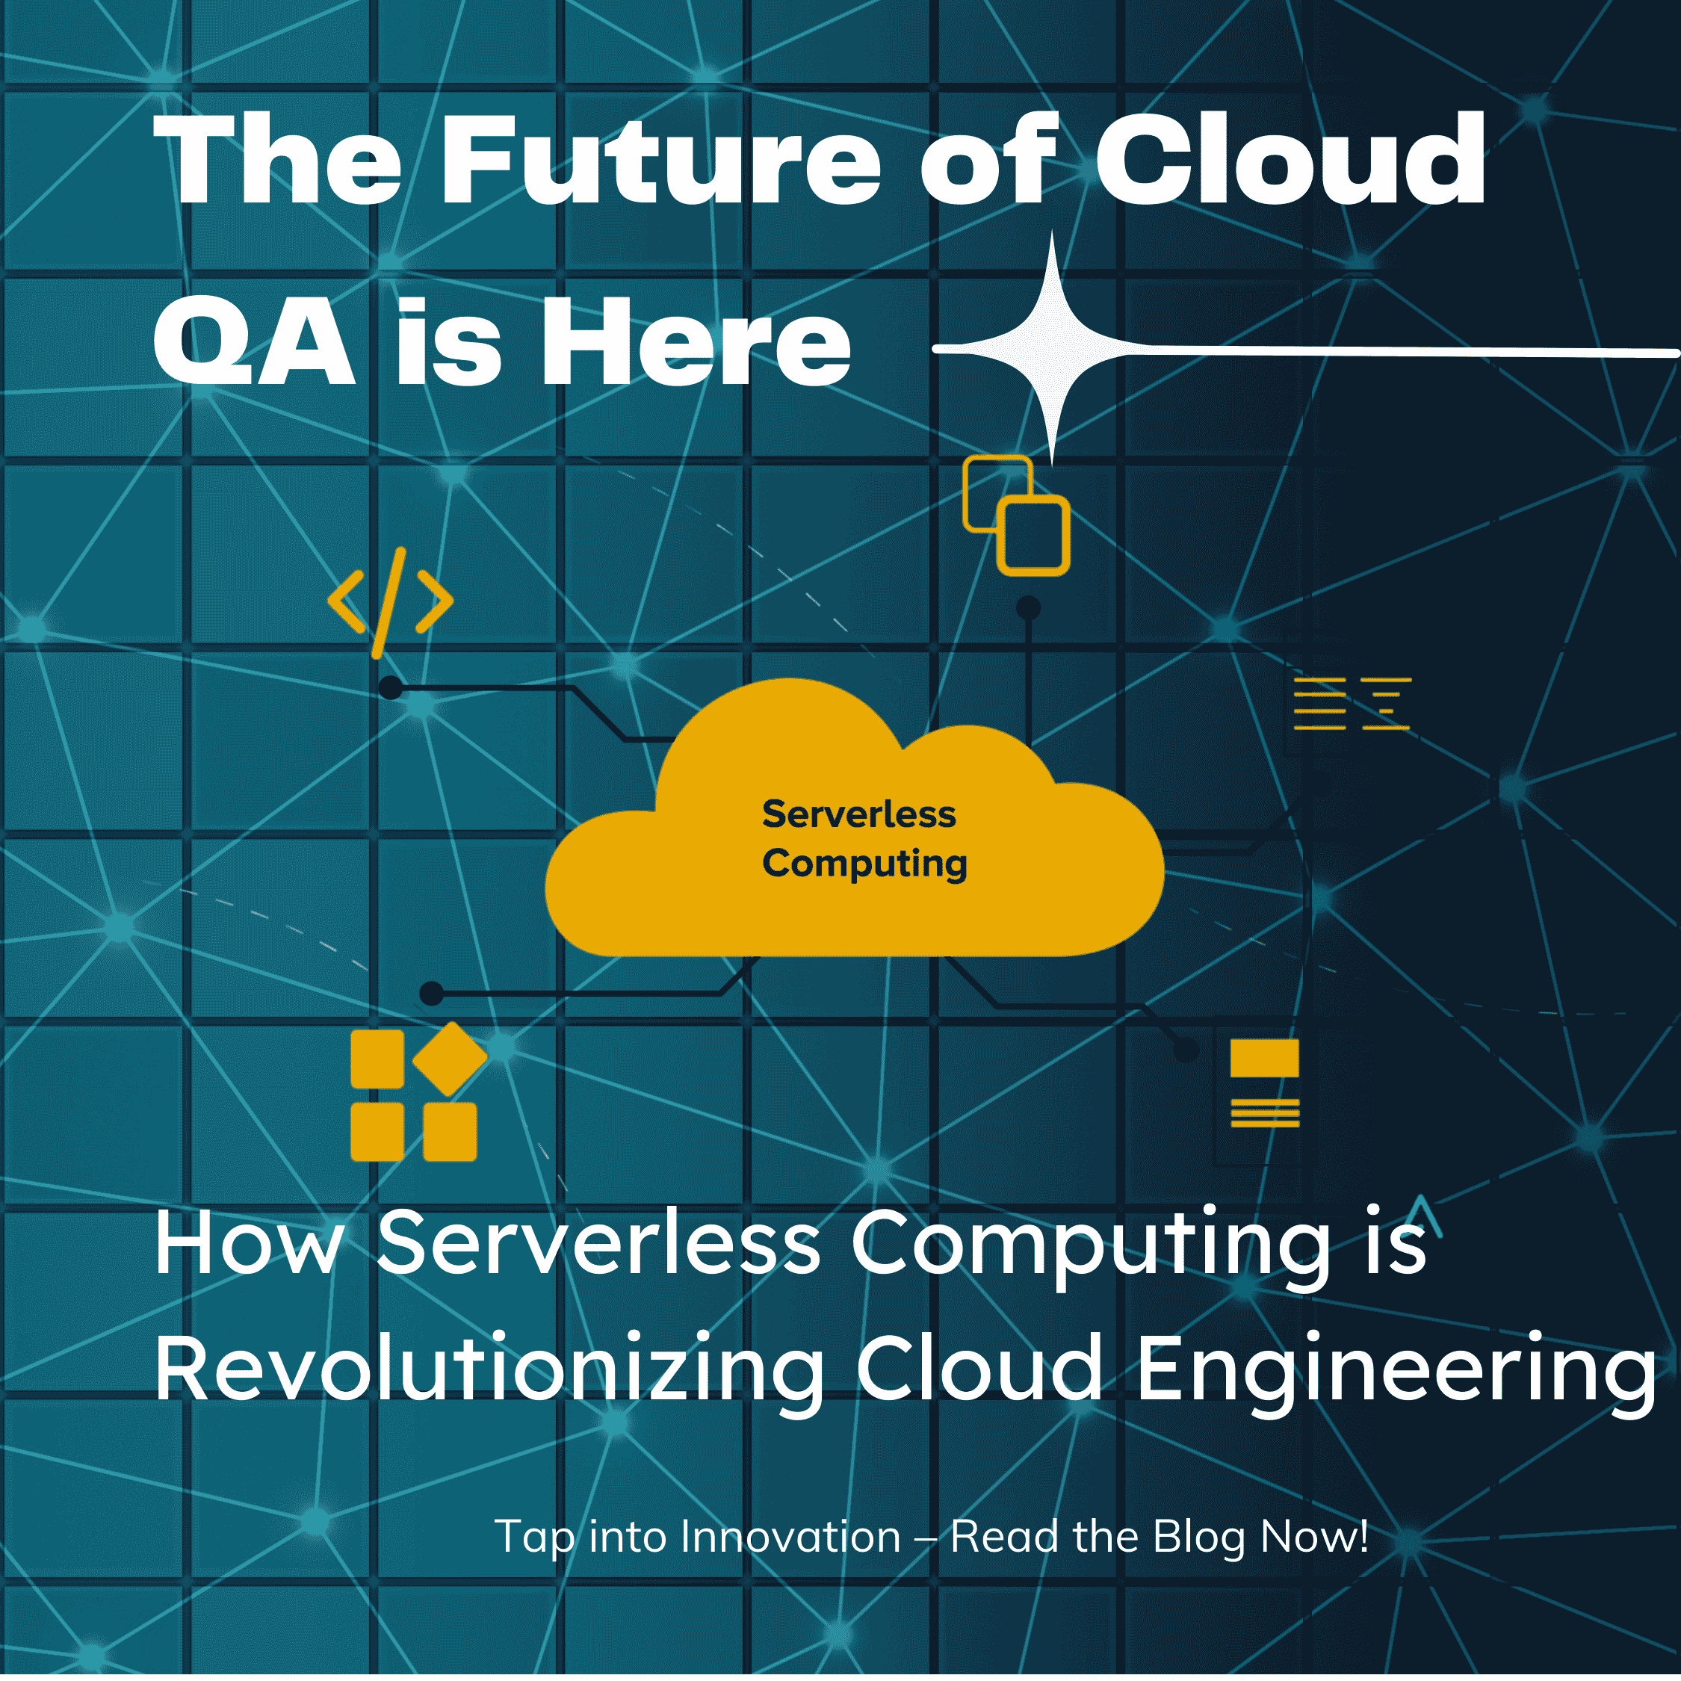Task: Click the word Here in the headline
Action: click(696, 344)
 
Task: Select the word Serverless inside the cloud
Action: click(858, 814)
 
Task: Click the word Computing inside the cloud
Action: click(864, 864)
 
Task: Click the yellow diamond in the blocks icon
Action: click(450, 1058)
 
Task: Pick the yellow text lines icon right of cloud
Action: click(1352, 703)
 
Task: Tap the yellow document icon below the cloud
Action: click(1264, 1083)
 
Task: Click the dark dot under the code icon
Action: click(391, 688)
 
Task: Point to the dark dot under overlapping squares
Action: click(1029, 607)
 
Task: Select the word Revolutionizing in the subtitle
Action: click(489, 1369)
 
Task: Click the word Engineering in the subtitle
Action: click(1396, 1369)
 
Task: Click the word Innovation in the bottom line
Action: click(790, 1537)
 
